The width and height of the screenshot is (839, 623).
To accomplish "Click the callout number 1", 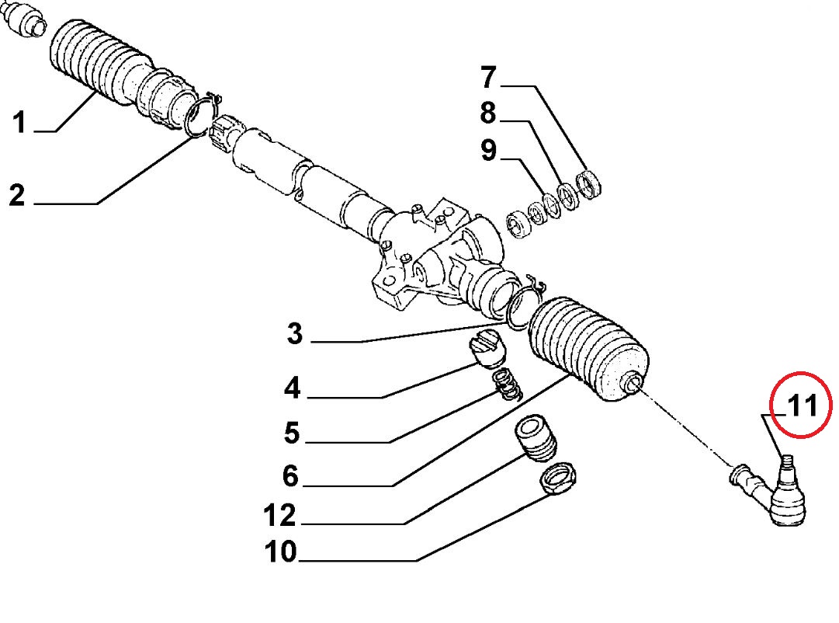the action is [19, 122].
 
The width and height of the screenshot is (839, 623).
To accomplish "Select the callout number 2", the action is [17, 195].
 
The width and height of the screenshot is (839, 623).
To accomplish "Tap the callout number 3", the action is [295, 333].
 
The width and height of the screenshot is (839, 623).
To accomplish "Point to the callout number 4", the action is [292, 388].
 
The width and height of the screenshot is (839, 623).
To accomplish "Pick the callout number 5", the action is [292, 433].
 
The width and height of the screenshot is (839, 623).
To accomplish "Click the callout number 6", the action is [290, 475].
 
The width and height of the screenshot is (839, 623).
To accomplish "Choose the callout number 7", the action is [488, 78].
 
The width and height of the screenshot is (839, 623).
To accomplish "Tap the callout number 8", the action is [488, 113].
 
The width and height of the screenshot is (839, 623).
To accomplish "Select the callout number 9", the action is [488, 150].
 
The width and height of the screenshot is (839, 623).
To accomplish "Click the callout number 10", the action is [280, 552].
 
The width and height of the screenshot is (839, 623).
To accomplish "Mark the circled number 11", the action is [801, 405].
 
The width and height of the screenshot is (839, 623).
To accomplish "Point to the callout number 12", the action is [280, 515].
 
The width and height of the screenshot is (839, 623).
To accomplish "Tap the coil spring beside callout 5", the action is [506, 385].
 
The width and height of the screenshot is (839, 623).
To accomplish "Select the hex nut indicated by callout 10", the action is [558, 477].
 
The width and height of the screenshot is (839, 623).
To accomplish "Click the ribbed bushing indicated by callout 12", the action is [536, 439].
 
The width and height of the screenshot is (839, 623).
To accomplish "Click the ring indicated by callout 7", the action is [589, 184].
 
